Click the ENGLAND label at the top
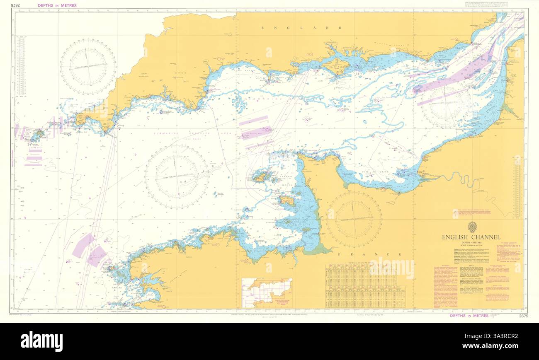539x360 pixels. pyautogui.click(x=301, y=28)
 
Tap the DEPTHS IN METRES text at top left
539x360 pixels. pyautogui.click(x=57, y=5)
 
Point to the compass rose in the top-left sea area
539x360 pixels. pyautogui.click(x=88, y=66)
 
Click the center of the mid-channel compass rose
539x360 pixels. pyautogui.click(x=176, y=176)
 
